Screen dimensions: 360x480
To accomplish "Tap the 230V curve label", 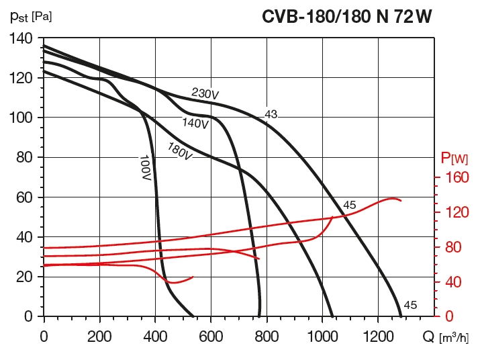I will [205, 94].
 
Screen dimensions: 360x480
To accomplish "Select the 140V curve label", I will [195, 123].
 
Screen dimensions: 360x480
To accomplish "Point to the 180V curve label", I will [180, 151].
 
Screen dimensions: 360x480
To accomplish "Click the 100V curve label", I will [145, 168].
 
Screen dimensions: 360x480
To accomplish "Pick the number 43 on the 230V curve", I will [271, 115].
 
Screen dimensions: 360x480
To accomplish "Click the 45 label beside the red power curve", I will [349, 205].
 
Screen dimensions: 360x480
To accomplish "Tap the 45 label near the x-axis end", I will [410, 305].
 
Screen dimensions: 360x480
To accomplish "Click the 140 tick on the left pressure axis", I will [23, 38].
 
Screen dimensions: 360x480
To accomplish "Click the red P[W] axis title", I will [454, 159].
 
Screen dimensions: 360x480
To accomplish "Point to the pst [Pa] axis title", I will [31, 15].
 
